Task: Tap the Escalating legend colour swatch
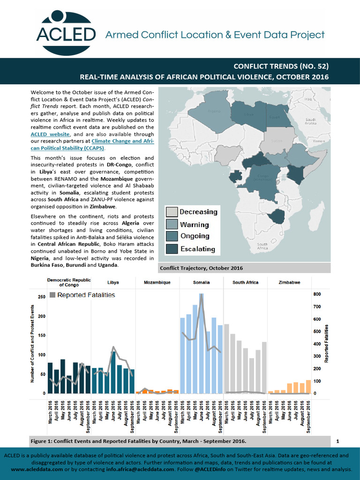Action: click(172, 249)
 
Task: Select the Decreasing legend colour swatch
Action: click(172, 211)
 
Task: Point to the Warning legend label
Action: click(195, 224)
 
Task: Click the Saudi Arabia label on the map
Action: click(313, 121)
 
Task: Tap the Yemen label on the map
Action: click(318, 141)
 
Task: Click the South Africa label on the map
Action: click(262, 246)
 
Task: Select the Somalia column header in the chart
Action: click(201, 283)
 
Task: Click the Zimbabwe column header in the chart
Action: click(289, 283)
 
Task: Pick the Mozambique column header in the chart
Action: click(157, 283)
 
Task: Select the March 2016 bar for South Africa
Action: click(227, 359)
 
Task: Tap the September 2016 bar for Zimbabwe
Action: click(308, 386)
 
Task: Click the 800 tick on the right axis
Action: click(317, 294)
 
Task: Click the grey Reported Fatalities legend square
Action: click(52, 295)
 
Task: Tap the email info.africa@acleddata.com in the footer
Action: click(140, 469)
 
